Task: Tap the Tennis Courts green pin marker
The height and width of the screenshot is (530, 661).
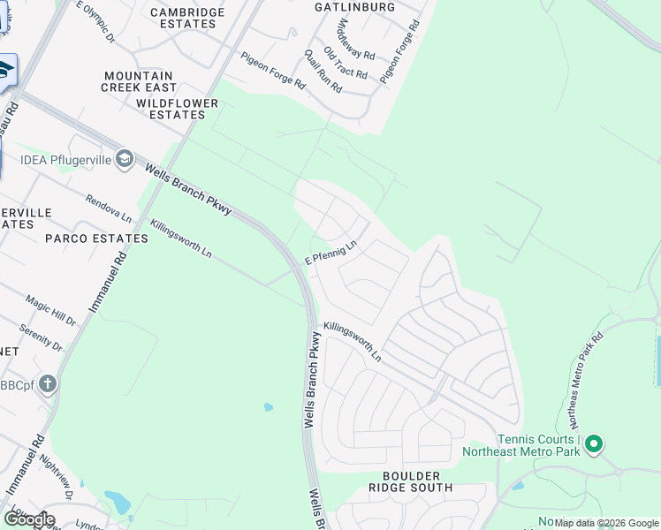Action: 594,443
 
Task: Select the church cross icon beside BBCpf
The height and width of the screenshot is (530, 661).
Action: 48,384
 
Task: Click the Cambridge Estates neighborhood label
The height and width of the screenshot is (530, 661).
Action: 183,18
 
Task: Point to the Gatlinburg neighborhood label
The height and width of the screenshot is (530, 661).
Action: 354,7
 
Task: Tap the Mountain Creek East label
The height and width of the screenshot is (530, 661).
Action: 139,82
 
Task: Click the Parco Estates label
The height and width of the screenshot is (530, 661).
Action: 97,238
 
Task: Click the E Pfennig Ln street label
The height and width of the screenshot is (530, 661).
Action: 330,252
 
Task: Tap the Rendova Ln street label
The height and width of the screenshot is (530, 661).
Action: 108,209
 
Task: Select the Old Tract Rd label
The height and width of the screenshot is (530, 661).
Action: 345,63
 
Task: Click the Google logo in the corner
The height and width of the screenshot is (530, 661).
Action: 29,519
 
